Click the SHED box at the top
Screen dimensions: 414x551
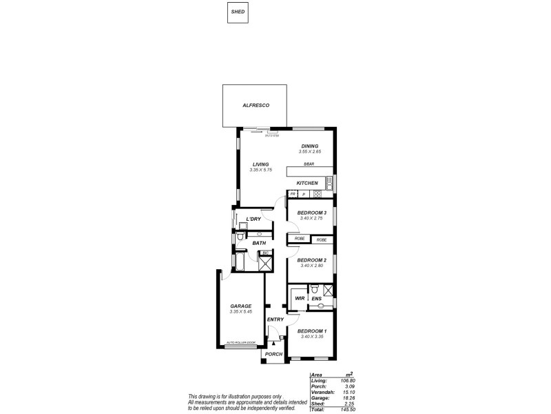pos(238,12)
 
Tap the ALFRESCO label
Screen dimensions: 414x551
pos(255,105)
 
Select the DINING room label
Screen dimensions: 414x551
pos(310,146)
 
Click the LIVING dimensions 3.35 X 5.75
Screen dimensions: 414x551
pos(261,170)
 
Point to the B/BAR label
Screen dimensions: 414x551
pos(309,164)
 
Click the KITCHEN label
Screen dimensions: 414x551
pos(307,183)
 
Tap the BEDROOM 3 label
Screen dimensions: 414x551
pos(312,213)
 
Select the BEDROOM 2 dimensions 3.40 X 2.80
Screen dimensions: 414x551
pos(312,266)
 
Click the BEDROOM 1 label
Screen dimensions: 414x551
pos(312,331)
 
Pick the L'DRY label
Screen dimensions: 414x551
pos(253,219)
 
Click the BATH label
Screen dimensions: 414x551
pos(258,243)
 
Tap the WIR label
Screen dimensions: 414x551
pos(300,298)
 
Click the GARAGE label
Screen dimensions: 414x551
pos(241,306)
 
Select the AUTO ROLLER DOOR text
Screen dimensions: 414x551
pos(241,343)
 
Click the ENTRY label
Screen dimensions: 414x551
pos(275,319)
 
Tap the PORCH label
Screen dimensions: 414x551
pos(273,354)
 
